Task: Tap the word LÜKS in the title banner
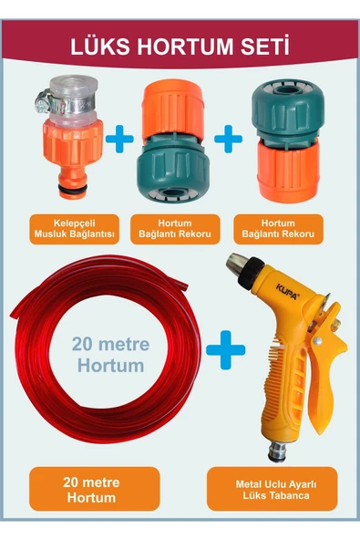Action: click(101, 47)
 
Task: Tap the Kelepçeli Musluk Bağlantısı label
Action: click(75, 229)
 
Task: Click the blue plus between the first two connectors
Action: click(119, 139)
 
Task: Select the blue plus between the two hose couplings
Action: click(228, 139)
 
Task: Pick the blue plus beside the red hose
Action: click(226, 350)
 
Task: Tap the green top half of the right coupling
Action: click(288, 109)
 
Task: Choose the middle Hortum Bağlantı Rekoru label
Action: click(175, 229)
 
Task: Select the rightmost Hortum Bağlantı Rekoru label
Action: click(278, 229)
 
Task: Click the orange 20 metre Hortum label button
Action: click(95, 489)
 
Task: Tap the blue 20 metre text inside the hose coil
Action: click(110, 344)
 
